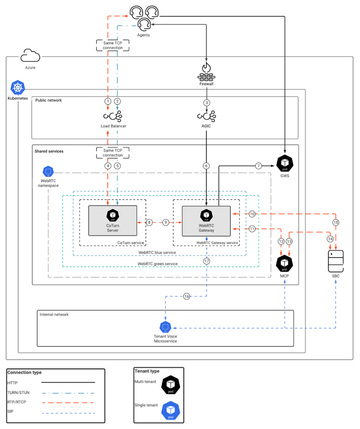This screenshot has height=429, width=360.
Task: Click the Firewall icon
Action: click(x=206, y=72)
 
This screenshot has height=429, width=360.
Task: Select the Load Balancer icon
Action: click(x=113, y=116)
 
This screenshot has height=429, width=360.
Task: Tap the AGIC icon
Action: click(x=207, y=116)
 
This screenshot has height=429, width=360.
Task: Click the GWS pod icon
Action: click(x=285, y=163)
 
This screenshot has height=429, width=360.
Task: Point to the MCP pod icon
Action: click(x=284, y=264)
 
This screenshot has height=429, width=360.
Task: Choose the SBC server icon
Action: click(x=336, y=261)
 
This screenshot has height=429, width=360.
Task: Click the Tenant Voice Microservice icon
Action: click(x=165, y=327)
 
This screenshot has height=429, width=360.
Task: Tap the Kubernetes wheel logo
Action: click(x=18, y=87)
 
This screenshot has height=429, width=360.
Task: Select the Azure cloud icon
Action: click(x=31, y=55)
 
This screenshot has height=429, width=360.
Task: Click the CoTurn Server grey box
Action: click(x=113, y=221)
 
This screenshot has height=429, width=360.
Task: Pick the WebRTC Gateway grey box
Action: click(x=207, y=221)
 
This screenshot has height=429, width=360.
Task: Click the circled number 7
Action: click(x=259, y=166)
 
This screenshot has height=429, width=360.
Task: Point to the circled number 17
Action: click(x=207, y=261)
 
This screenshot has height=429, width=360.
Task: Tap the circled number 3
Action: click(x=207, y=103)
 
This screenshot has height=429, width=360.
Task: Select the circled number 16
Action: click(x=187, y=296)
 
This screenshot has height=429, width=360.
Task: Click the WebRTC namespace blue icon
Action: click(x=48, y=172)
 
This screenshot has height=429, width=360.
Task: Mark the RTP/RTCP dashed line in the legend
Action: click(x=68, y=403)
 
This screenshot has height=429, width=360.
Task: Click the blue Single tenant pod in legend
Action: click(x=171, y=410)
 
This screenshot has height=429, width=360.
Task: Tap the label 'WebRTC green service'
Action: click(x=157, y=264)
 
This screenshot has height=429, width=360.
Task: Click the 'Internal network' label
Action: click(x=54, y=315)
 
